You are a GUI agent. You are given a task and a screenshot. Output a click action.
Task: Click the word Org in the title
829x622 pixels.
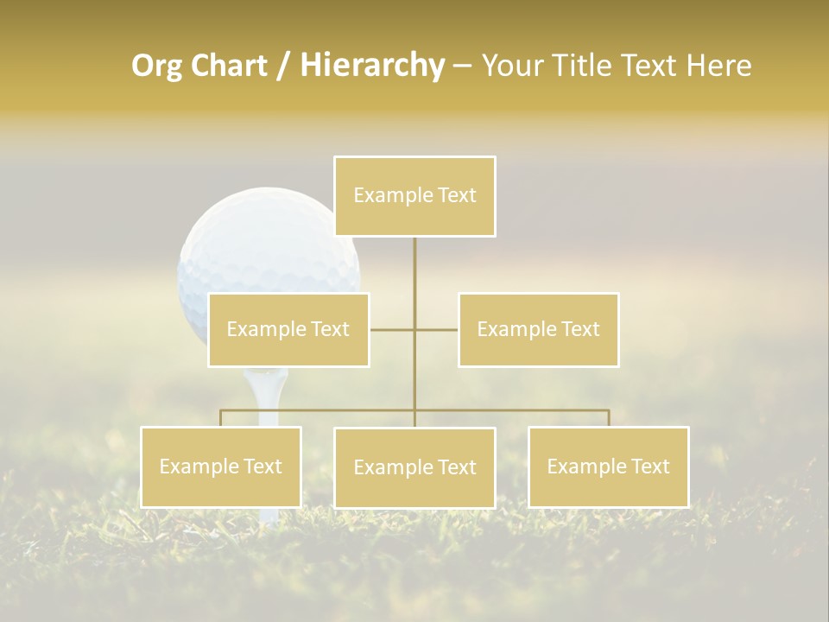(x=157, y=66)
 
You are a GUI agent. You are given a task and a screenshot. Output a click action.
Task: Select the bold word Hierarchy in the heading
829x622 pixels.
(x=372, y=66)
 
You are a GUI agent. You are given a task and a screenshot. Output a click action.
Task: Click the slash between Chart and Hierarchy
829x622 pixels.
(x=284, y=67)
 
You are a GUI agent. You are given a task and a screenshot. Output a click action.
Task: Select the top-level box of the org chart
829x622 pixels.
(x=414, y=196)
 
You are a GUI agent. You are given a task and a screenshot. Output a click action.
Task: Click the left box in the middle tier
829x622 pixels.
(x=288, y=330)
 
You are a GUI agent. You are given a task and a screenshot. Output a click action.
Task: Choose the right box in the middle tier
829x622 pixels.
(x=538, y=330)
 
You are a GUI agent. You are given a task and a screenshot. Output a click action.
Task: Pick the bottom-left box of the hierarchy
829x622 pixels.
(x=221, y=466)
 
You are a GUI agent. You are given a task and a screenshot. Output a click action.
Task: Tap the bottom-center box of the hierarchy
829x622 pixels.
(x=414, y=467)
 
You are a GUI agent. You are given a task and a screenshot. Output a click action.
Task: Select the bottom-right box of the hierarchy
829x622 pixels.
(x=608, y=466)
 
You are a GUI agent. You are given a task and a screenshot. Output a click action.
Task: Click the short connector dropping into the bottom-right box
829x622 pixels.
(x=609, y=418)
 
